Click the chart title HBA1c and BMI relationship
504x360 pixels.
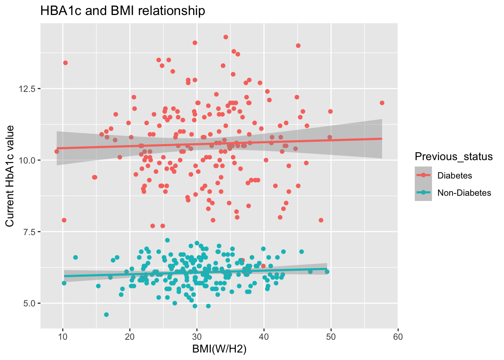123,11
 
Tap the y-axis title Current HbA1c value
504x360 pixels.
10,176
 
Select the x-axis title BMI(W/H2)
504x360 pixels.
219,349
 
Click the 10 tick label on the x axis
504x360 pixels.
63,337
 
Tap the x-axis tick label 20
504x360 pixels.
130,337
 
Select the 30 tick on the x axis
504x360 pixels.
197,337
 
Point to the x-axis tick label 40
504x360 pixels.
264,337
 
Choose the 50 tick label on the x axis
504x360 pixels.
331,337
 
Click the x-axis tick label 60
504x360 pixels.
398,337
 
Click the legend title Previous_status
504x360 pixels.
454,156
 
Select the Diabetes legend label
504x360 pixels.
454,175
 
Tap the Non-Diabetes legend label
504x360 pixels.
464,193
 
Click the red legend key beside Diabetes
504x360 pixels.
423,175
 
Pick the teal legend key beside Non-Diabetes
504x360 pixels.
423,192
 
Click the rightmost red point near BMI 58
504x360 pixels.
382,103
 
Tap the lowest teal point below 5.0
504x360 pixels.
106,315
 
